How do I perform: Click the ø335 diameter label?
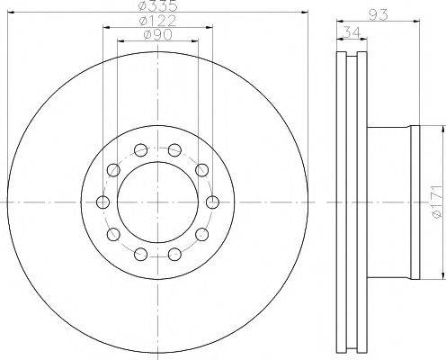coord(158,5)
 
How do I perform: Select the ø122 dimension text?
coord(157,21)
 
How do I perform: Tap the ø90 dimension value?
coord(157,35)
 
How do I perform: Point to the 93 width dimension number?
coord(378,14)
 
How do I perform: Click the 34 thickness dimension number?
coord(352,32)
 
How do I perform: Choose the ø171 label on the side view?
coord(437,202)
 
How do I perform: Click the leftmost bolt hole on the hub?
coord(103,202)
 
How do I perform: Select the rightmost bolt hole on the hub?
coord(212,202)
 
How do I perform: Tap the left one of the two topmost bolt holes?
coord(140,149)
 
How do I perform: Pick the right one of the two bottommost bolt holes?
coord(174,255)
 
